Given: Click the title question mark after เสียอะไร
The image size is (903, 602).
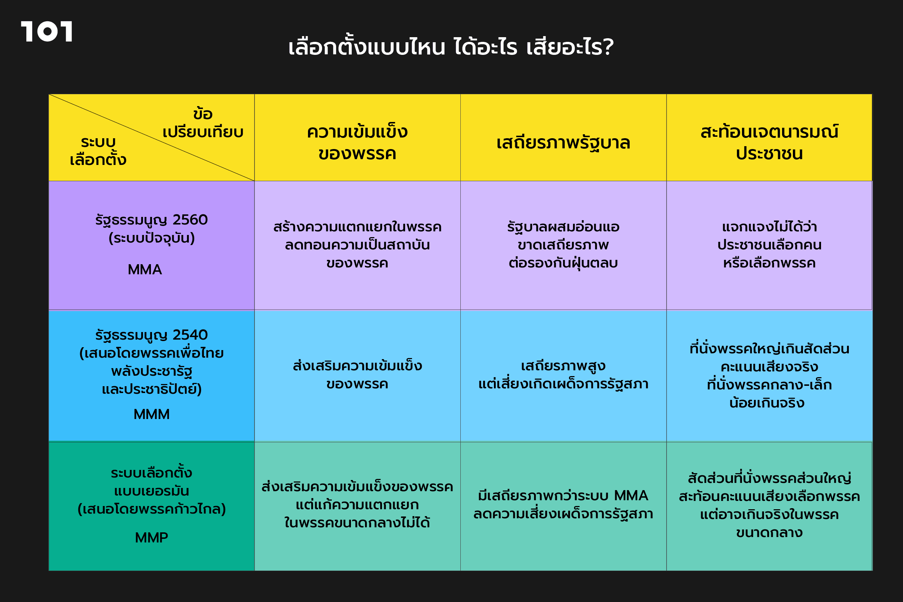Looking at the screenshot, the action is pos(608,47).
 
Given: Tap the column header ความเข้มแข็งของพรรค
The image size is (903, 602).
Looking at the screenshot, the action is pos(357,143).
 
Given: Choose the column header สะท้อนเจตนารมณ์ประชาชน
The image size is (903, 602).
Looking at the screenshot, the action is pos(769,143).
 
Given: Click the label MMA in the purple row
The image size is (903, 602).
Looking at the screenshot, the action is pos(145,270).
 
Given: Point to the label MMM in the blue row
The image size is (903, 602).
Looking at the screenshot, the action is pos(151,414).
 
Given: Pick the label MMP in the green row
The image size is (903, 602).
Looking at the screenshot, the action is pos(151,537).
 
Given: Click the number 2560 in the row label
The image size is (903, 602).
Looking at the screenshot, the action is pos(190,219).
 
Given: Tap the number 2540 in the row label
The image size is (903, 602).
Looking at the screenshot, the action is pos(190,335).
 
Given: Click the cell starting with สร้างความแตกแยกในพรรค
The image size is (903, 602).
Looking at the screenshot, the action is pos(357,245).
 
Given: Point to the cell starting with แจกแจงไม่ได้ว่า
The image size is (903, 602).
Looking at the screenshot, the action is pos(769,245).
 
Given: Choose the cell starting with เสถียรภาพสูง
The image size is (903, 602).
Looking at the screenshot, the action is pos(563,375).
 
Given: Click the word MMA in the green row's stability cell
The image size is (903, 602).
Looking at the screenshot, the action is pos(631,496).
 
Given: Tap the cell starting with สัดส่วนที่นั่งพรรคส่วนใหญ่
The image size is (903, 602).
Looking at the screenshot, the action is pos(769,505).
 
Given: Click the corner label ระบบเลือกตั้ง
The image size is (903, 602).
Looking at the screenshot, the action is pos(98,151).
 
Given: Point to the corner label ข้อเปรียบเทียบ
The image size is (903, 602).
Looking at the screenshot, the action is pos(203,123).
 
